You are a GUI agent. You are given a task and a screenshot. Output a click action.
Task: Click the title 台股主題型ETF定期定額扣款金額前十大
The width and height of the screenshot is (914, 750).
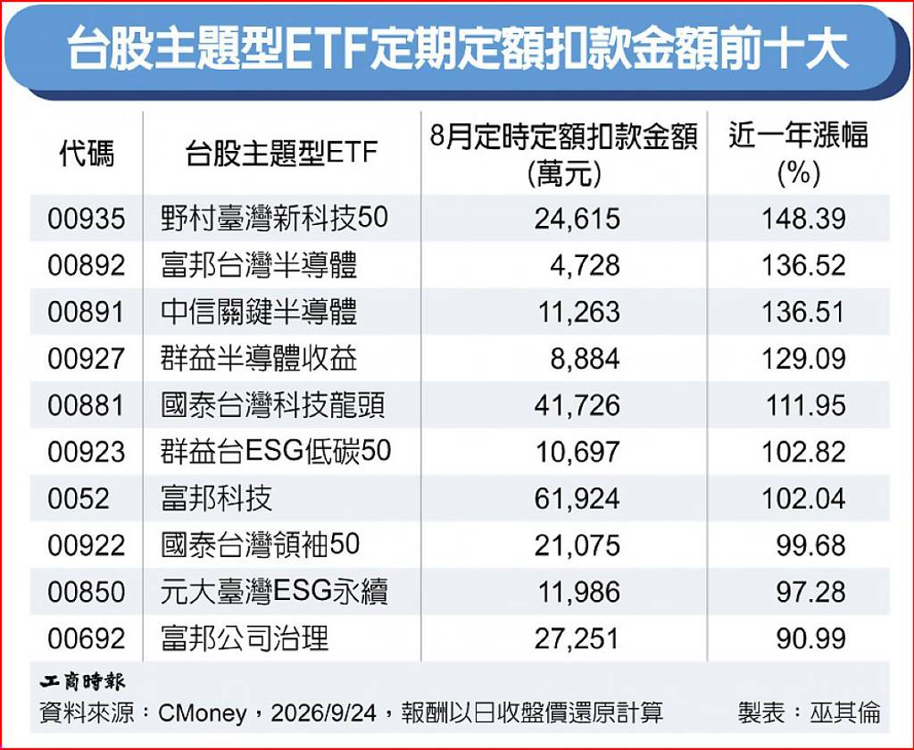point(458,49)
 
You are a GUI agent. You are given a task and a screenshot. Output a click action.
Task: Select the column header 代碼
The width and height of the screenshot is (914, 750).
point(87,154)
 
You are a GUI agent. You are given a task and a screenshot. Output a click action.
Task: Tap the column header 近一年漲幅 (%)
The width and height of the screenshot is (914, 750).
point(799,154)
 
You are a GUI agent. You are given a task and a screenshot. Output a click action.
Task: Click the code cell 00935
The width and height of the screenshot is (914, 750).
point(87,219)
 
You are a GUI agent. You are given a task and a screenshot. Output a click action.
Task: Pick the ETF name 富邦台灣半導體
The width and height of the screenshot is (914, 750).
point(259,265)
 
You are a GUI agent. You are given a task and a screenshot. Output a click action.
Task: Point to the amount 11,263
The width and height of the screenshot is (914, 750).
point(577,312)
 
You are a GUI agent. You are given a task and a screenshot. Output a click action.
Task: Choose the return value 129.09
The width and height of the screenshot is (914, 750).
point(804,359)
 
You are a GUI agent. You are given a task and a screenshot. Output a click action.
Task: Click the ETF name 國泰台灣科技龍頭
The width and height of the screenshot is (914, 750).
point(273,405)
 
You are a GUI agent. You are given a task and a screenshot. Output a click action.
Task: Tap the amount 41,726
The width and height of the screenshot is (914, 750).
point(577,405)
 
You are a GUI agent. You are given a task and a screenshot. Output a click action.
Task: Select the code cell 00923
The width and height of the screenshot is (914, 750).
point(87,452)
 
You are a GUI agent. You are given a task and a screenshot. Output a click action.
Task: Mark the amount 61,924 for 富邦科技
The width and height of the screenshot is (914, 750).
point(577,498)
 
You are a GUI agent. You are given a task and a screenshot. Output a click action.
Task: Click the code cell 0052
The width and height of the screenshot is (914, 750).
point(79,498)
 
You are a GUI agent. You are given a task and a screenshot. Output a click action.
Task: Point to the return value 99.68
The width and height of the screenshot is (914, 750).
point(810,546)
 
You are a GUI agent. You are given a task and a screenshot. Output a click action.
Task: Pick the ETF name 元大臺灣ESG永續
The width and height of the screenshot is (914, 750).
point(274,592)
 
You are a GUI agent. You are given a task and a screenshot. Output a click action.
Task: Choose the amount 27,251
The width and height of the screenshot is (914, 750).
point(577,638)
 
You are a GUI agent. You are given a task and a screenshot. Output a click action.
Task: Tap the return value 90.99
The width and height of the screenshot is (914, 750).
point(810,638)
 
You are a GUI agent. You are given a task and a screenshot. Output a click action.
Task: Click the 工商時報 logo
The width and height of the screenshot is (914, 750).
point(82,681)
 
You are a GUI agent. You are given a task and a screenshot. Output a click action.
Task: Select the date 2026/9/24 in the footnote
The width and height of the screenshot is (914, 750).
point(323,712)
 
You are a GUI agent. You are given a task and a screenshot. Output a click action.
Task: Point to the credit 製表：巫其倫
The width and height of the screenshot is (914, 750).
point(809,712)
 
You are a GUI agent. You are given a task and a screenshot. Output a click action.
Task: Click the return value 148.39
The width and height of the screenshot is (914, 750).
point(804,219)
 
